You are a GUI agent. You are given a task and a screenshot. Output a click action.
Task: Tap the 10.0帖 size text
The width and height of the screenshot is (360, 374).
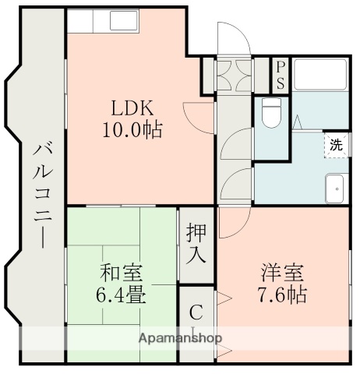pos(132,130)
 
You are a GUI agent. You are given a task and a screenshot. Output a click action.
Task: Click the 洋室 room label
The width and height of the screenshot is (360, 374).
pos(281,273)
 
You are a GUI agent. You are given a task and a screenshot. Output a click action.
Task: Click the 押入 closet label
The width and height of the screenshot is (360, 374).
pos(197,242)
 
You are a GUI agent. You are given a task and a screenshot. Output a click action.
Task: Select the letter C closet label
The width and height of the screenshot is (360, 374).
pos(196,313)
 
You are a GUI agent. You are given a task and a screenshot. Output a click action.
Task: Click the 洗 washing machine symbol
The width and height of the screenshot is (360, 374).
pos(335,145)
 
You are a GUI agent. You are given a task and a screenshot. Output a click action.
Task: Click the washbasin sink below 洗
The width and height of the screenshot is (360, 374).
pos(335,187)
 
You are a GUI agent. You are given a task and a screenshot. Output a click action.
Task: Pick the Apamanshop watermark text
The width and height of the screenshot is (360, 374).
pos(180,339)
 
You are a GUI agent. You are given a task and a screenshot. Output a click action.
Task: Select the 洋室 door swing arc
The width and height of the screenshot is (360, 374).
pos(232,223)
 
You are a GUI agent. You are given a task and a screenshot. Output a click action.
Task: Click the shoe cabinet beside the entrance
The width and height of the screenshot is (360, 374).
pos(233,75)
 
